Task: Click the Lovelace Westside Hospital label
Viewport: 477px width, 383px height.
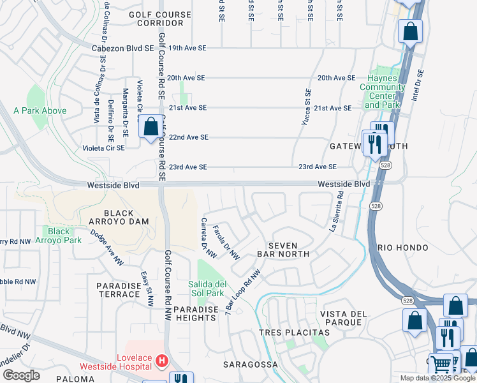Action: click(116, 362)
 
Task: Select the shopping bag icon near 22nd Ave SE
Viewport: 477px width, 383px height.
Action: click(151, 127)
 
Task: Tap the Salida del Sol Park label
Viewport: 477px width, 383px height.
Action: click(207, 289)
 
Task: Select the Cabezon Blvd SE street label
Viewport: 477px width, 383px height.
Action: click(122, 48)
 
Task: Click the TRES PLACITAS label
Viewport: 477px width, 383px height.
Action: click(294, 333)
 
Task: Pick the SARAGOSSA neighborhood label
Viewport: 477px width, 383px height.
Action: click(250, 364)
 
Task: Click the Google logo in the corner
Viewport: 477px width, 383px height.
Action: click(21, 375)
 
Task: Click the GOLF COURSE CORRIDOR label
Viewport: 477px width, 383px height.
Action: click(159, 19)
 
